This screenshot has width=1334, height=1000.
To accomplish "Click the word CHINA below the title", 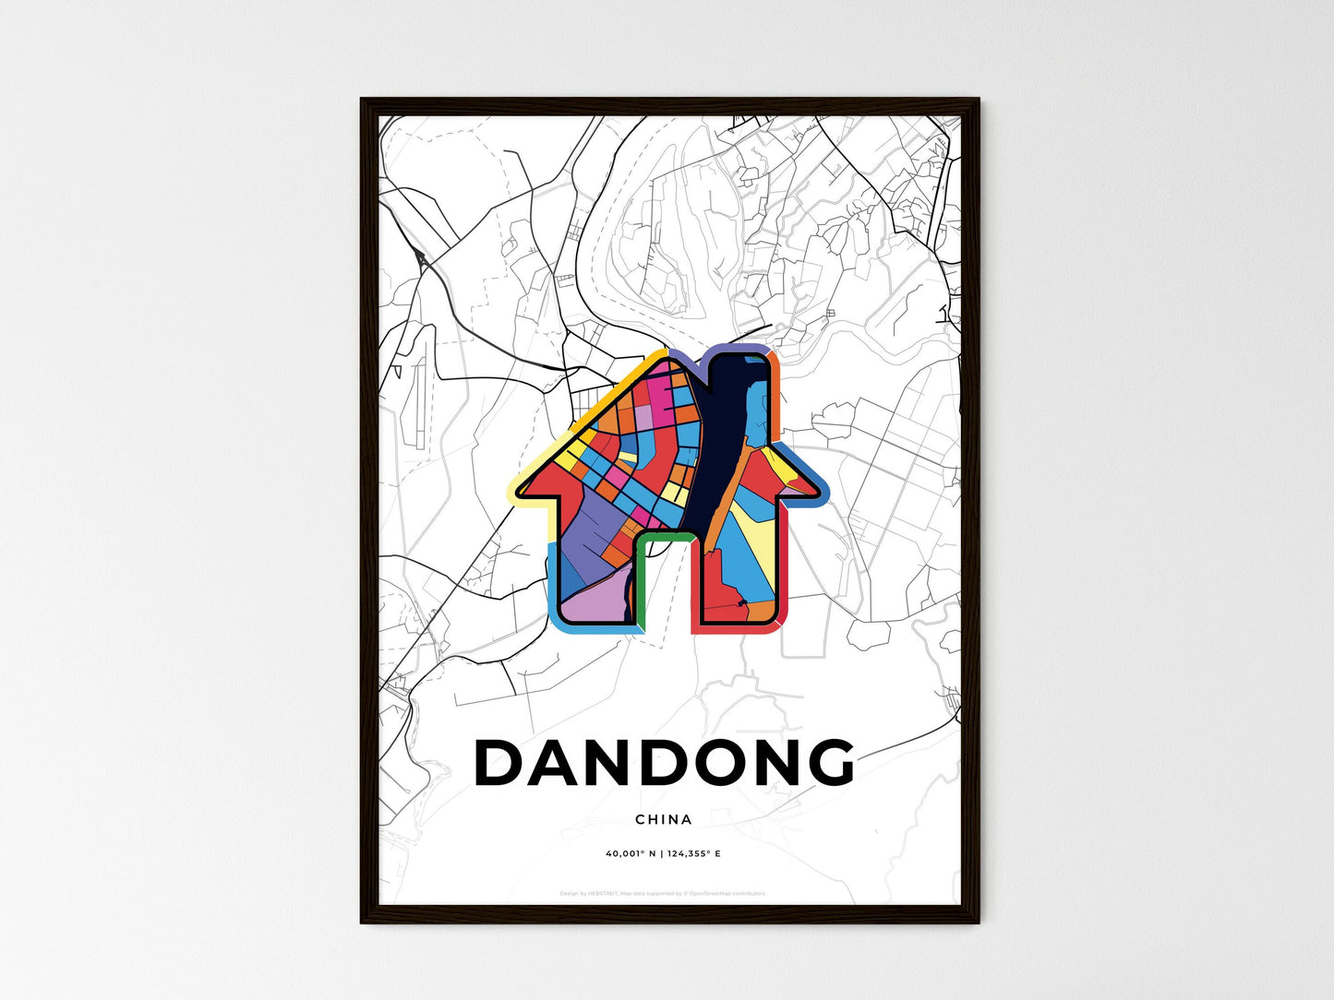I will click(663, 819).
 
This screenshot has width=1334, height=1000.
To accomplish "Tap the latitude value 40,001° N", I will click(630, 854).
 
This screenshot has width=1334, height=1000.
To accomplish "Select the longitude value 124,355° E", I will click(694, 854).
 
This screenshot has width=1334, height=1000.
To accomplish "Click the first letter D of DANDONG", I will click(499, 764).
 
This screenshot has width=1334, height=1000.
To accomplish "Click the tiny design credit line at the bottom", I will click(663, 893).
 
